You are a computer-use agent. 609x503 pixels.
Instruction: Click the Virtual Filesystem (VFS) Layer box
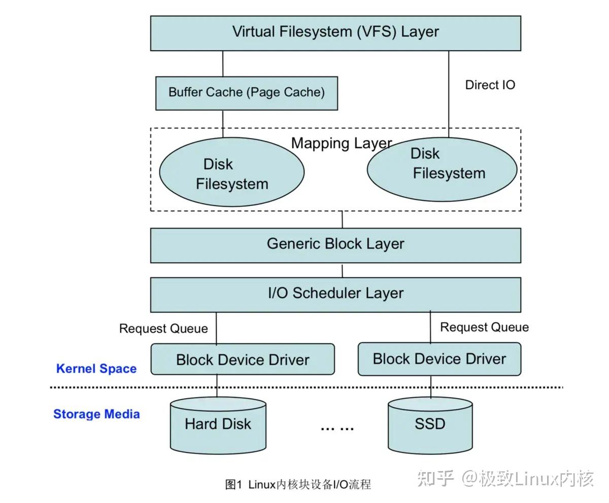(x=335, y=33)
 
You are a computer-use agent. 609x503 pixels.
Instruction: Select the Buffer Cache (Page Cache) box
(x=247, y=93)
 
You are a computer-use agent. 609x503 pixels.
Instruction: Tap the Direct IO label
(x=490, y=85)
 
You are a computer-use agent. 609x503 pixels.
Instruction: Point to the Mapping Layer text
(x=341, y=143)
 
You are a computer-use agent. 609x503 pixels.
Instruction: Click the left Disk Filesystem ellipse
(x=231, y=172)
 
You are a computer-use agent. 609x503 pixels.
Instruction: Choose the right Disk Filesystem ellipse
(x=442, y=169)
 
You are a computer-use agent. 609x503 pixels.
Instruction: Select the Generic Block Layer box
(x=335, y=245)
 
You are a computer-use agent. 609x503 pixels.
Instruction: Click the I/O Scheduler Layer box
(x=335, y=295)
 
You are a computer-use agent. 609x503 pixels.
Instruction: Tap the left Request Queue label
(x=163, y=329)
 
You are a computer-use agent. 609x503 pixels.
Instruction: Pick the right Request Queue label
(x=485, y=327)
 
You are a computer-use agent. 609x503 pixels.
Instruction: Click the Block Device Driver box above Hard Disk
(x=243, y=359)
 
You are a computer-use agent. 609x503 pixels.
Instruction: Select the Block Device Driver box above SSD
(x=439, y=359)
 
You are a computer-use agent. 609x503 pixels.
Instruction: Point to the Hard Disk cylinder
(x=218, y=425)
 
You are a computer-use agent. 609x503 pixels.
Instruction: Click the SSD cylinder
(x=430, y=425)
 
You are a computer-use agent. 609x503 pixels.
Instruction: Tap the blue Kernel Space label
(x=96, y=368)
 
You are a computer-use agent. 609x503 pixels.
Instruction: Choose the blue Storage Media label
(x=96, y=414)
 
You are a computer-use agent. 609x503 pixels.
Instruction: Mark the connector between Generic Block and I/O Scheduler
(x=342, y=270)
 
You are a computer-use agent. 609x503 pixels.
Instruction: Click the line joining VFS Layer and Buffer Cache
(x=223, y=64)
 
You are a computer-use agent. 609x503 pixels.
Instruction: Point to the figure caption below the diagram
(x=298, y=484)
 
